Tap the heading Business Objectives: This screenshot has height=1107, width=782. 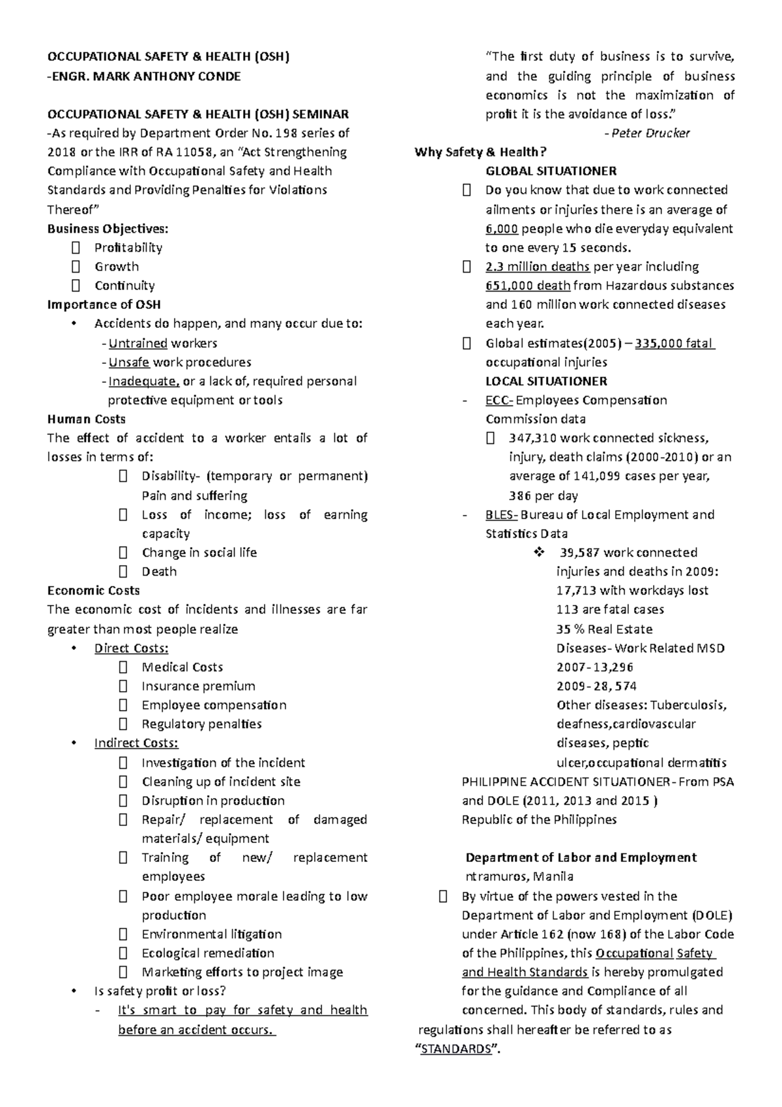point(108,228)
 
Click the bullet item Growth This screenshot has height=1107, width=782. point(117,267)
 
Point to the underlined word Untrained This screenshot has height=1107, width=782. point(138,343)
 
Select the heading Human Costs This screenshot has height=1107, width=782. point(86,419)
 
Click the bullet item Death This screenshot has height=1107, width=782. point(159,572)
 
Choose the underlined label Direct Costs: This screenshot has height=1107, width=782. point(131,648)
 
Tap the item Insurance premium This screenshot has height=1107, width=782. point(198,686)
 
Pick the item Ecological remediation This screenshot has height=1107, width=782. point(208,953)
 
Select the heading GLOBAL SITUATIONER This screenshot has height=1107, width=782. point(551,171)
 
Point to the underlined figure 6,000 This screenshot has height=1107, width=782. point(502,229)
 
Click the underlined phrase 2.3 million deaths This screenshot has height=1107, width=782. point(538,267)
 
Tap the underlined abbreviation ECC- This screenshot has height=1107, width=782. point(499,400)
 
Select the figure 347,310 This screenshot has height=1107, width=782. point(532,438)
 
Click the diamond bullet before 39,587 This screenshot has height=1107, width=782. point(539,553)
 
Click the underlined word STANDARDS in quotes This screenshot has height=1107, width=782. point(456,1049)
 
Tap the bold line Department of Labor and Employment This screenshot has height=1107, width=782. point(581,857)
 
